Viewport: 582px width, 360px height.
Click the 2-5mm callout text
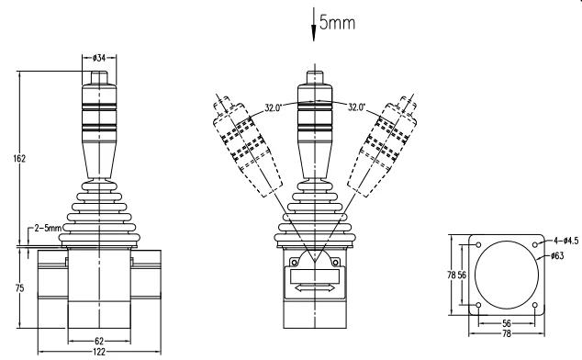pyautogui.click(x=45, y=227)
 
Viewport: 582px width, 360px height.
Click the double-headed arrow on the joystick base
pyautogui.click(x=314, y=287)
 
